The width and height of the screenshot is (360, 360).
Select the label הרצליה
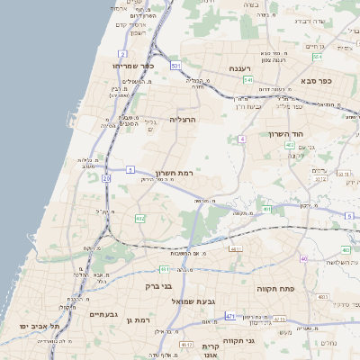pyautogui.click(x=182, y=119)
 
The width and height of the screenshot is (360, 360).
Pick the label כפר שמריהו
pyautogui.click(x=134, y=66)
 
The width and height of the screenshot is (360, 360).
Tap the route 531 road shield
pyautogui.click(x=176, y=66)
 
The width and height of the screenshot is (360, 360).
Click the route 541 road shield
pyautogui.click(x=247, y=80)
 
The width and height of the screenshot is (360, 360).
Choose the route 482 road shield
pyautogui.click(x=139, y=219)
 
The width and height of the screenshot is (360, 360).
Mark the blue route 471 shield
pyautogui.click(x=231, y=316)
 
